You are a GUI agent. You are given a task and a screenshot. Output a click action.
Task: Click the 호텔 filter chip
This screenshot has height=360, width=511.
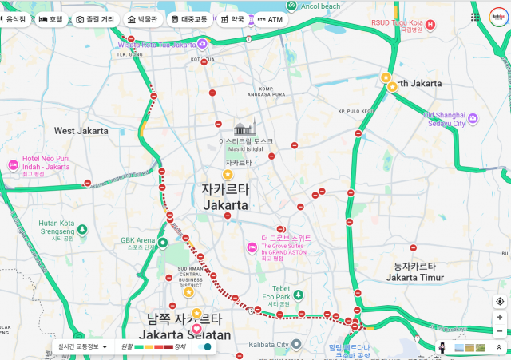(50, 18)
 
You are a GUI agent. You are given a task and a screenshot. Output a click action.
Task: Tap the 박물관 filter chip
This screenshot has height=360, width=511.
(142, 18)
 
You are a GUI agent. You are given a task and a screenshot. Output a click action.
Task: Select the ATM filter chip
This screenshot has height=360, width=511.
(270, 18)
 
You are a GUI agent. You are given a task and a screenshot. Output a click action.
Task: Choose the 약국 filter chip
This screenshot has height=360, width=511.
(232, 18)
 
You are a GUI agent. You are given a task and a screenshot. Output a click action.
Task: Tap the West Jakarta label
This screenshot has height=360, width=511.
(81, 130)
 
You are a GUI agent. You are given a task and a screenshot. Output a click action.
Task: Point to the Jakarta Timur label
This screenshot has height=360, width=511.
(414, 277)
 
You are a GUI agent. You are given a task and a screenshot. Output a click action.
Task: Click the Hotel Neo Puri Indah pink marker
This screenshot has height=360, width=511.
(14, 164)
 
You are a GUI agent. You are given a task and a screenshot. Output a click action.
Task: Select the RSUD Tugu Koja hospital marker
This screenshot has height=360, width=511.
(430, 25)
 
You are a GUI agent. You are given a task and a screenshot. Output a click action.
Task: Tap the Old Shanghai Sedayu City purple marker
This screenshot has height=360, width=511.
(472, 118)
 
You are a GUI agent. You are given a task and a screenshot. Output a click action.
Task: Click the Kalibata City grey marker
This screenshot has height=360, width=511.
(295, 345)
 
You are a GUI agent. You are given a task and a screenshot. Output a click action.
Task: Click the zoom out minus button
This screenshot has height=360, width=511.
(500, 331)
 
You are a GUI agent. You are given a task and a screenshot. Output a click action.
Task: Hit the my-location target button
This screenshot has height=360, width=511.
(500, 301)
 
